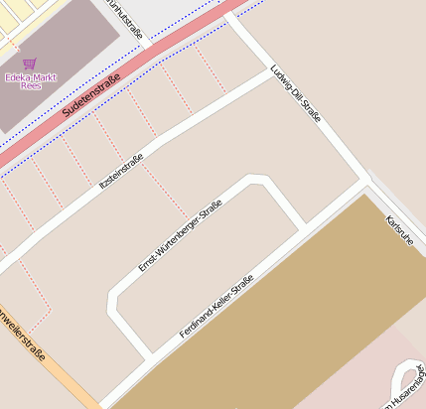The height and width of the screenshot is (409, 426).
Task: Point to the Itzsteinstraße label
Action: tap(123, 174)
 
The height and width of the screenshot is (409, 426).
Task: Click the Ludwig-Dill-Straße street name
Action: tap(296, 93)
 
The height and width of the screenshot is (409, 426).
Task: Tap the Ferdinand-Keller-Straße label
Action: tap(216, 306)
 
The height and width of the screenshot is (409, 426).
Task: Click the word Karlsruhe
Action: tap(398, 230)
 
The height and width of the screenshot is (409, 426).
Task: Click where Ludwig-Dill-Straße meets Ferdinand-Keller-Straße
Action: tap(367, 182)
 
